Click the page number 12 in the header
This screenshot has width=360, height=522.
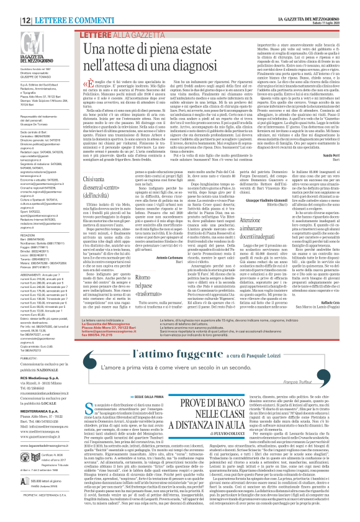11,4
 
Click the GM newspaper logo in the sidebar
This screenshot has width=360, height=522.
17,39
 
